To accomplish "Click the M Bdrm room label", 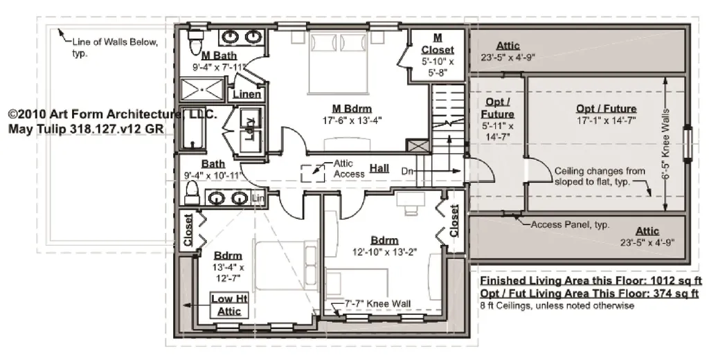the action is tap(352, 109).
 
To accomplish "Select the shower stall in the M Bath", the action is tap(202, 89).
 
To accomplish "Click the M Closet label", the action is tap(438, 44).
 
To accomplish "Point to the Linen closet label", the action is tap(247, 95).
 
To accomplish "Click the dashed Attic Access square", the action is tap(312, 173).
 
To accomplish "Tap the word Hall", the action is tap(379, 168).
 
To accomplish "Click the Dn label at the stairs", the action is tap(407, 172).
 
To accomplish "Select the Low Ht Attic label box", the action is tap(229, 305).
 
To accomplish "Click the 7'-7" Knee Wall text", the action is tap(377, 303).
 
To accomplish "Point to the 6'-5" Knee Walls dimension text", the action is tap(665, 144).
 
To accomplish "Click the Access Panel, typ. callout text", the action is tap(570, 224).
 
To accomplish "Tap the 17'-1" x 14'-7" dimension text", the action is tap(607, 120).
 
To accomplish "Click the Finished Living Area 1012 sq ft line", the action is tap(591, 280).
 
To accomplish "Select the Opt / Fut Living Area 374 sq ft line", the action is tap(589, 294).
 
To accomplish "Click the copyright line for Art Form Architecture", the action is tap(113, 114).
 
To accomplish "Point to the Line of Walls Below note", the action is tap(115, 48).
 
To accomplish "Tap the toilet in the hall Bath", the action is tap(192, 193).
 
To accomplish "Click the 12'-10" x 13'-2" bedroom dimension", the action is tap(384, 252).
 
